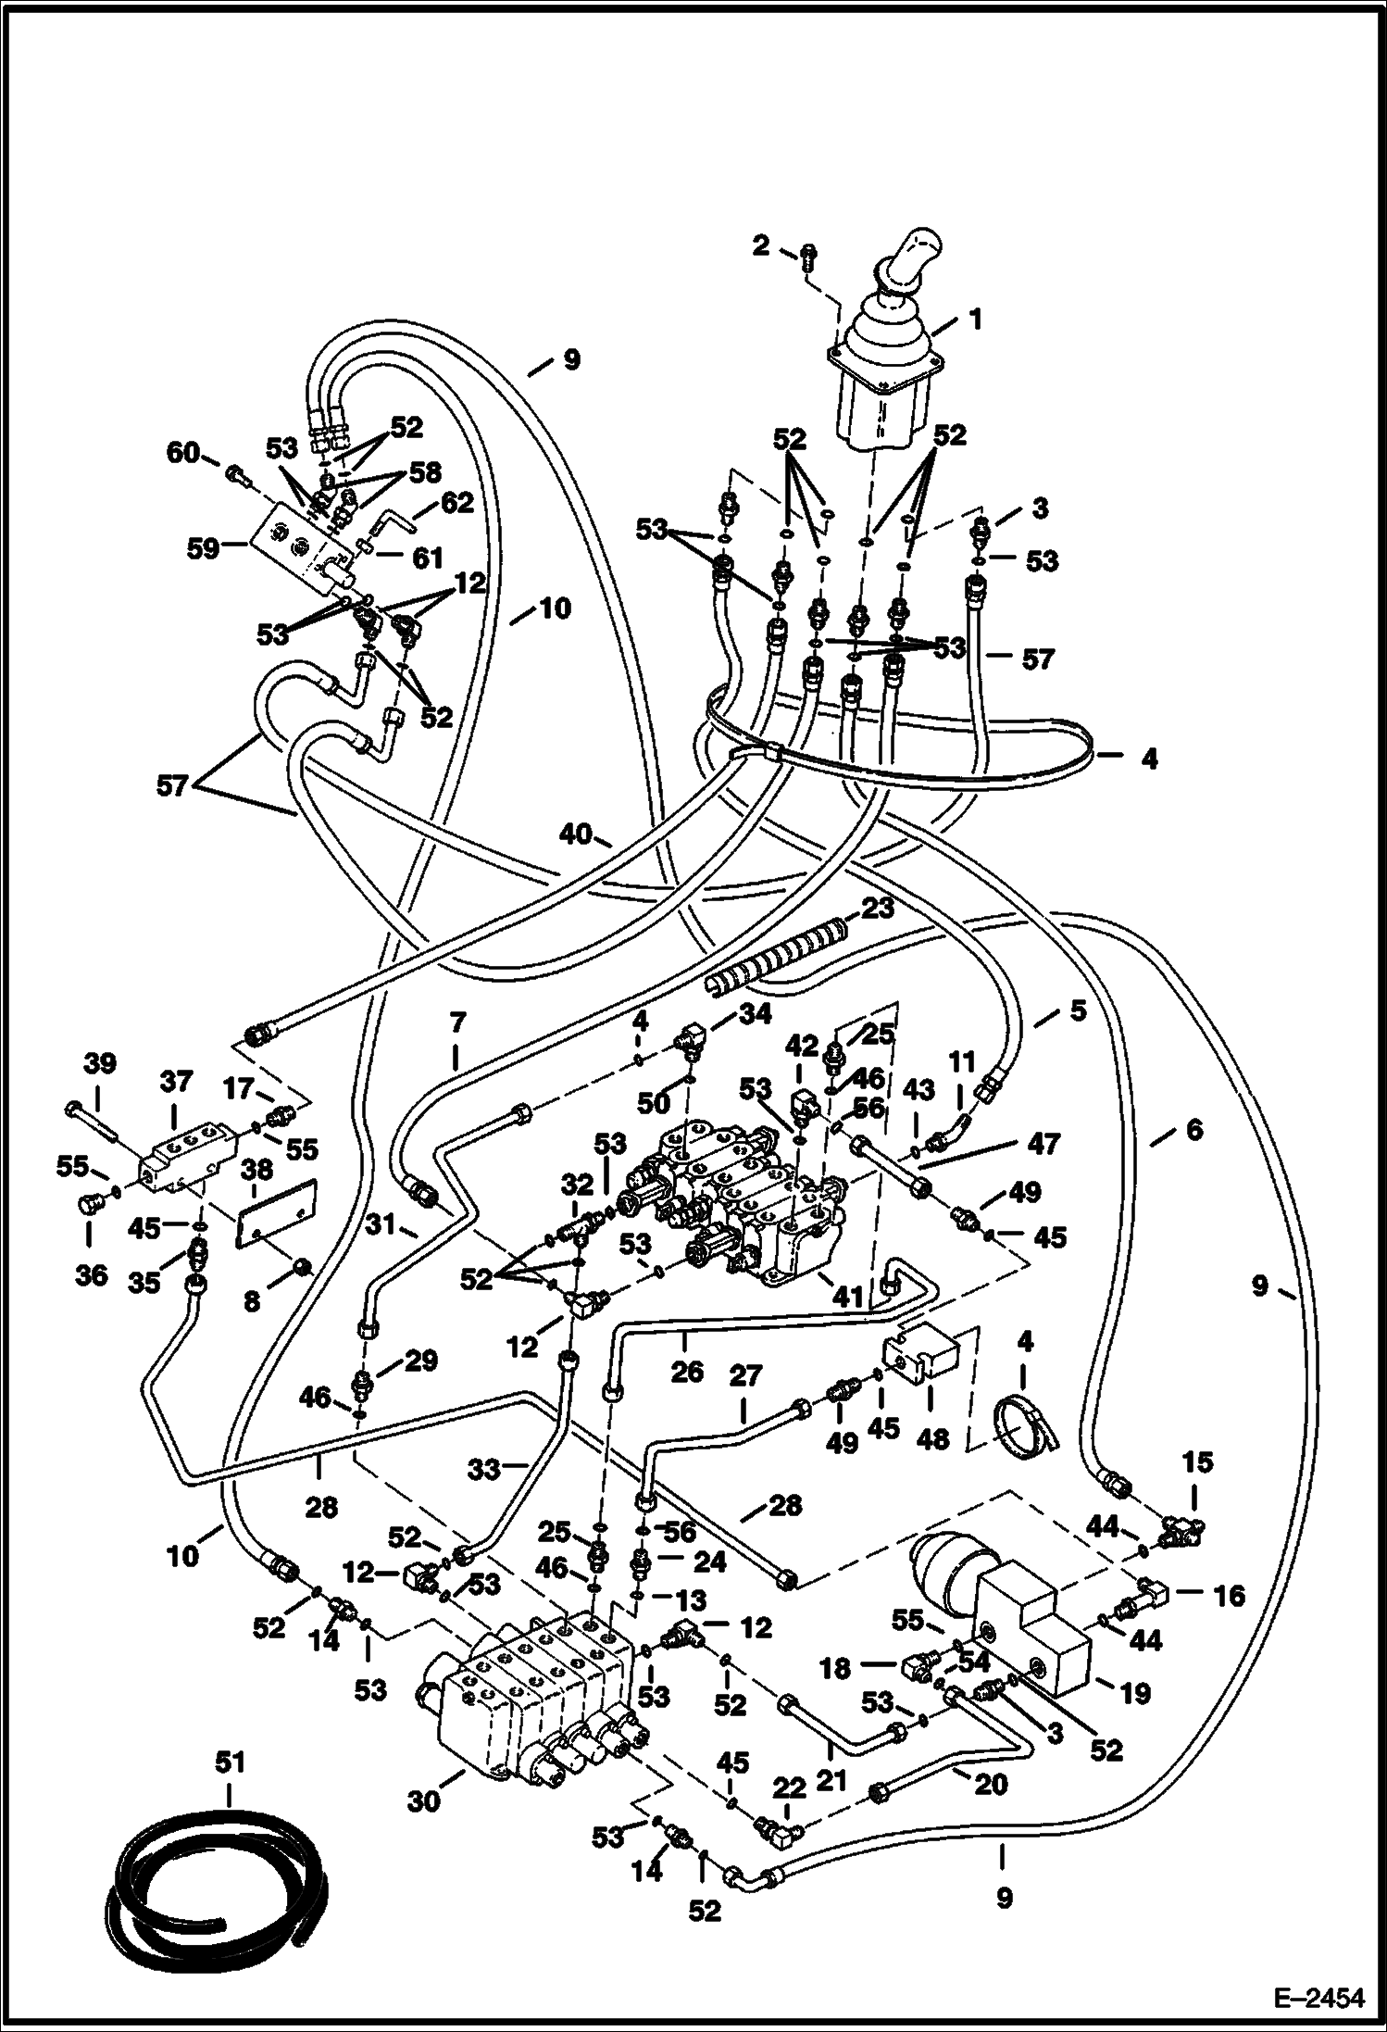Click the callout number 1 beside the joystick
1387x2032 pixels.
(973, 321)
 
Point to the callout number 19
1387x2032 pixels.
(1134, 1692)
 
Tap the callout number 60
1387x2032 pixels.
(182, 453)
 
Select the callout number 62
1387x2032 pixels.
(456, 503)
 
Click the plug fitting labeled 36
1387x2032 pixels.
(90, 1204)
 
